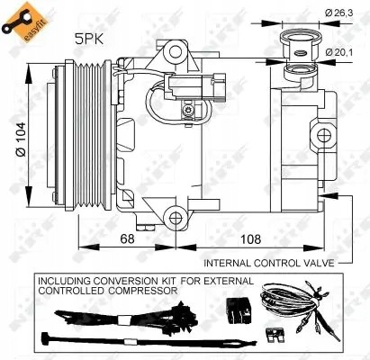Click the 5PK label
[x=88, y=39]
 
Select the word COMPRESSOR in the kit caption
[x=145, y=291]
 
